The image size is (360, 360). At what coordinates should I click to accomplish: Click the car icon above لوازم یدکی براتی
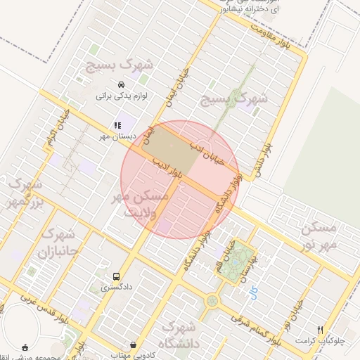click(121, 84)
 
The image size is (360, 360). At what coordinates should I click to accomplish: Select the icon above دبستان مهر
click(117, 124)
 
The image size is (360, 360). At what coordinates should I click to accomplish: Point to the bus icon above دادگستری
click(116, 276)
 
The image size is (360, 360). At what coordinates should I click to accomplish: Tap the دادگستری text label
click(116, 287)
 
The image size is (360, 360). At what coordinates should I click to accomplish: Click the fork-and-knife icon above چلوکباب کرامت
click(320, 329)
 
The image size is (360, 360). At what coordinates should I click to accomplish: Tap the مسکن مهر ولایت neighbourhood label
click(141, 203)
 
